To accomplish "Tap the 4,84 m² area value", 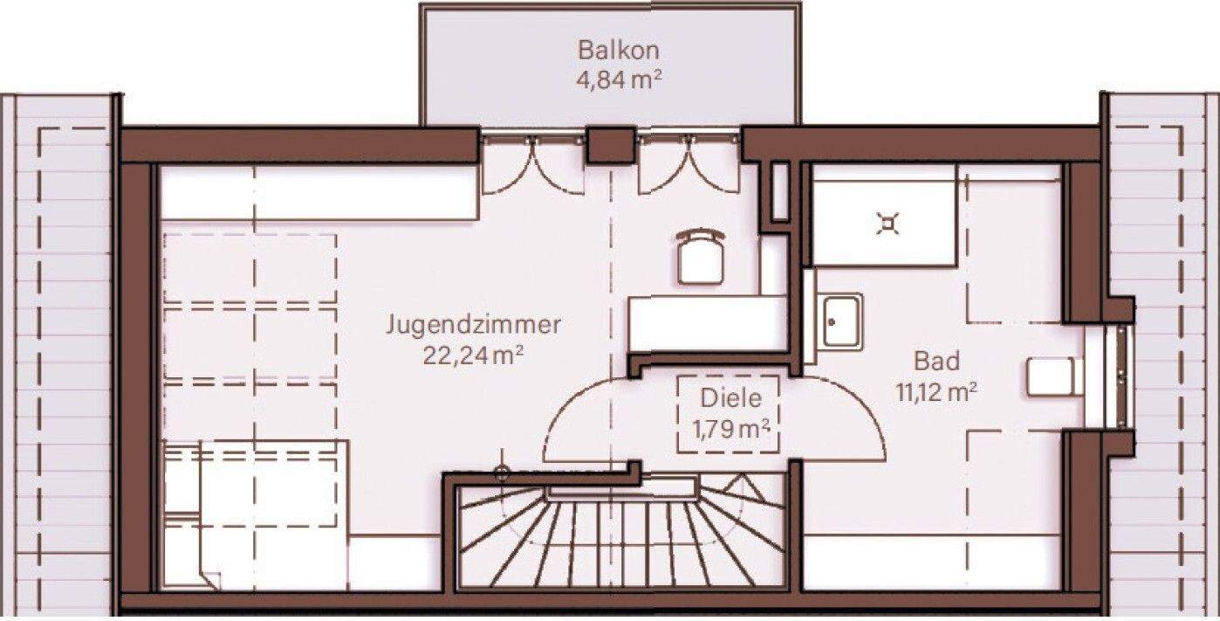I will point(616,81).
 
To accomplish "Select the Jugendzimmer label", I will point(473,326).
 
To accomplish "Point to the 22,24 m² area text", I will point(473,355).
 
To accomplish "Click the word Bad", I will point(936,361).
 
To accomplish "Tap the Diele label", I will point(730,398).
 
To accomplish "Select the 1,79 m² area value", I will point(730,429).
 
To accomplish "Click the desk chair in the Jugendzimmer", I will point(700,255).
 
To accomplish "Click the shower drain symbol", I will point(887,225).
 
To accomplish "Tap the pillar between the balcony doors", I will point(610,145).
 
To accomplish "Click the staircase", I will point(624,537).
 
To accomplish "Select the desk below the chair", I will point(707,323).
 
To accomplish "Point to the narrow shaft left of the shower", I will point(780,191).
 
